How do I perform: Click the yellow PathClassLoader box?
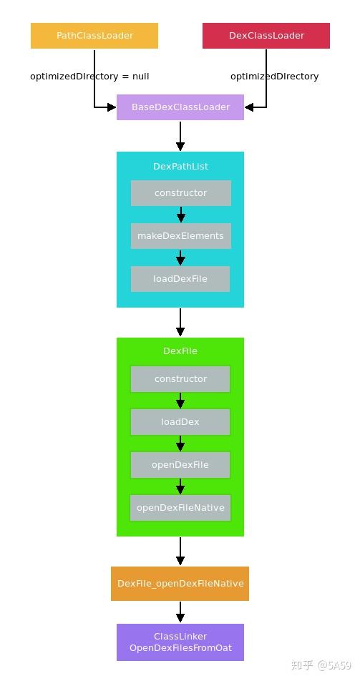click(x=94, y=36)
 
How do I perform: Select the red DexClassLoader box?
click(x=266, y=36)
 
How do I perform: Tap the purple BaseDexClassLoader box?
click(x=180, y=107)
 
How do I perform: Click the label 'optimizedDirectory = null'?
click(x=89, y=76)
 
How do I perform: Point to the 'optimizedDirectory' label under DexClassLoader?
click(x=274, y=76)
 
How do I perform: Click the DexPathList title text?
click(x=180, y=166)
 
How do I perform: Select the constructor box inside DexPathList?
click(x=180, y=193)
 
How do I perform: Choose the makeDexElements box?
click(x=180, y=236)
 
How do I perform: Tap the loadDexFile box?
click(x=180, y=279)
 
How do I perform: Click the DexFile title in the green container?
click(x=180, y=351)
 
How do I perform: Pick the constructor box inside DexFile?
click(x=180, y=379)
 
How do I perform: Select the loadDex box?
click(x=180, y=422)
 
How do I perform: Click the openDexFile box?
click(x=180, y=465)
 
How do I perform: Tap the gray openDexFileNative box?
click(x=180, y=508)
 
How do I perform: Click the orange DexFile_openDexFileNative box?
click(x=180, y=584)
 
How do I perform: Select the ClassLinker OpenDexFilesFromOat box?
click(x=180, y=642)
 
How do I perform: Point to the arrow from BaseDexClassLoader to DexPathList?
click(x=180, y=136)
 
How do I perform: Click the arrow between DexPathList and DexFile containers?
click(x=180, y=322)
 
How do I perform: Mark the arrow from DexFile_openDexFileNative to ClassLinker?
click(x=180, y=612)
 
